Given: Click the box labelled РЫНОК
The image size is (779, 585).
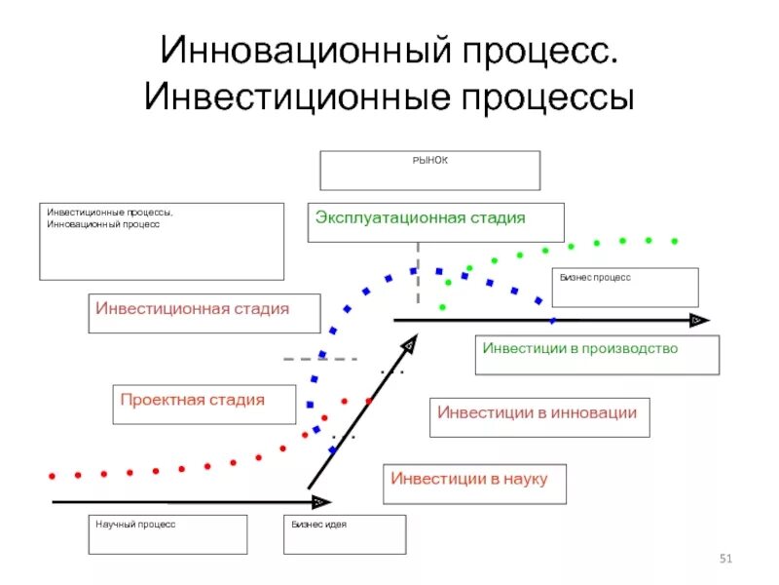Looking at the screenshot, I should click(x=429, y=171).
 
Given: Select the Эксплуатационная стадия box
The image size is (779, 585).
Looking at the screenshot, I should click(x=435, y=221).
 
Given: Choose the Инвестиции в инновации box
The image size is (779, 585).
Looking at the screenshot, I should click(x=538, y=413).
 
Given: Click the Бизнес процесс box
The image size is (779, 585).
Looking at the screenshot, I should click(x=625, y=288).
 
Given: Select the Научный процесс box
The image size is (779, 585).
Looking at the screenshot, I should click(x=167, y=534).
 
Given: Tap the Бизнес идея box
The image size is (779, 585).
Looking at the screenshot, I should click(x=344, y=534).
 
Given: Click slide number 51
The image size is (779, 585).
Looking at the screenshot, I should click(x=724, y=558).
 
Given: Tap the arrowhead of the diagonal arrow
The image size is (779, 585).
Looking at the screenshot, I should click(x=410, y=345).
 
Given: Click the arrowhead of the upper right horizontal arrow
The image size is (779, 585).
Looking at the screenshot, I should click(x=697, y=320).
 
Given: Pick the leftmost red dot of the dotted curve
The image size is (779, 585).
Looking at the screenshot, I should click(x=52, y=475).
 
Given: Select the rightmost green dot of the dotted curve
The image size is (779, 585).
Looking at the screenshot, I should click(x=674, y=240).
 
